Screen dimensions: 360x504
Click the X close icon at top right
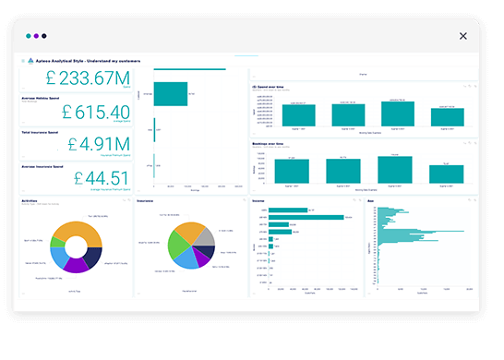tap(463, 36)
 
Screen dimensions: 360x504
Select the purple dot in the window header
tap(37, 37)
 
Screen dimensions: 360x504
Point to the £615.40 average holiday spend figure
tap(96, 112)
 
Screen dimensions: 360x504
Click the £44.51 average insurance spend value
tap(98, 176)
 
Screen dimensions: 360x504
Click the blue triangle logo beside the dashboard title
tap(29, 61)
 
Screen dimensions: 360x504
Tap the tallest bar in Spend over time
tap(398, 113)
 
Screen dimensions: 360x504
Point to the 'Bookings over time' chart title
tap(269, 144)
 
